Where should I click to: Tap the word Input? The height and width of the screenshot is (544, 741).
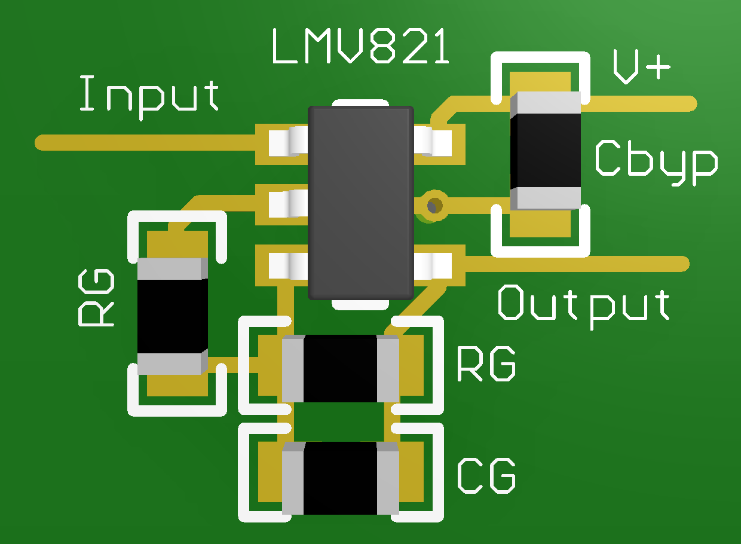(x=149, y=96)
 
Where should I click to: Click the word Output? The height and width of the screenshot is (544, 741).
(x=584, y=304)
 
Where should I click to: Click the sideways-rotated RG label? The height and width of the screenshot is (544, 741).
(x=97, y=297)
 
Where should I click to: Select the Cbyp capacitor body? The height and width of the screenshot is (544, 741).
(x=545, y=150)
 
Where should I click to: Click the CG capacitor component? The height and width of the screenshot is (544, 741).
(x=340, y=478)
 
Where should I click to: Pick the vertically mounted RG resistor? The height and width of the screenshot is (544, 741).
(x=172, y=316)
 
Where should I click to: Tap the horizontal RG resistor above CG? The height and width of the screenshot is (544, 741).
(x=340, y=368)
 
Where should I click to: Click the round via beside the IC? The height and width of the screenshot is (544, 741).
(x=434, y=205)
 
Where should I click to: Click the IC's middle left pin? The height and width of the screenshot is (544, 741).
(x=286, y=204)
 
